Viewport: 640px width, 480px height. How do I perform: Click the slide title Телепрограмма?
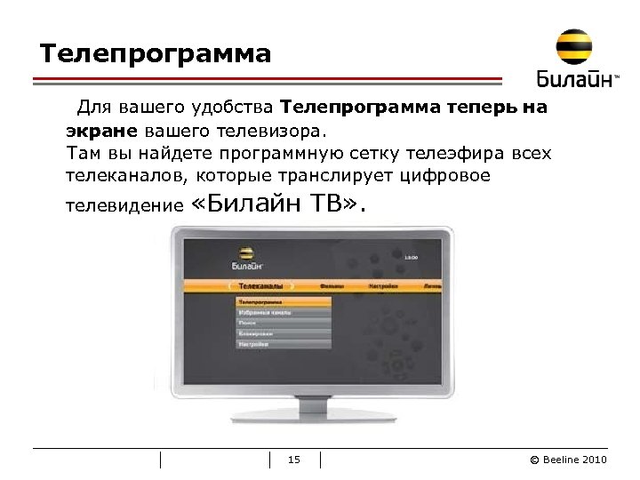coord(155,54)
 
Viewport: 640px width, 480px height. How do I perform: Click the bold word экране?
coord(100,131)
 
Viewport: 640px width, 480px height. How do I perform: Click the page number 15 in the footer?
coord(295,460)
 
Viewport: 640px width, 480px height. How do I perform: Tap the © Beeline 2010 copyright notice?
coord(568,460)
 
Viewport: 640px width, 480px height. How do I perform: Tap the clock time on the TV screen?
coord(411,258)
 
